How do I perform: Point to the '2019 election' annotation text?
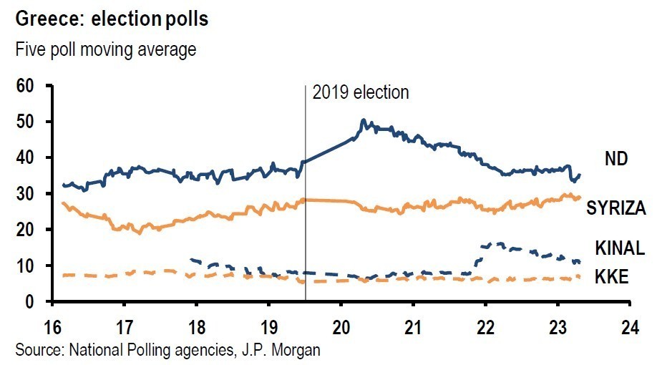pos(361,92)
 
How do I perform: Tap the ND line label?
pos(616,159)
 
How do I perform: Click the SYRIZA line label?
pos(616,208)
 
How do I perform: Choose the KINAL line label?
pos(620,248)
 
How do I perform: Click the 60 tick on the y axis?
pos(26,86)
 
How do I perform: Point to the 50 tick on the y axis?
pos(26,122)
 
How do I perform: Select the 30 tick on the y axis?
pos(26,194)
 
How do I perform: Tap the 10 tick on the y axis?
pos(26,266)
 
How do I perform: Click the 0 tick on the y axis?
pos(31,302)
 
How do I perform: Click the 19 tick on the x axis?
pos(268,320)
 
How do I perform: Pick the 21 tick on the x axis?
pos(413,320)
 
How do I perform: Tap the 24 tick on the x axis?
pos(629,320)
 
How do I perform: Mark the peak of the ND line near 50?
pos(364,121)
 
